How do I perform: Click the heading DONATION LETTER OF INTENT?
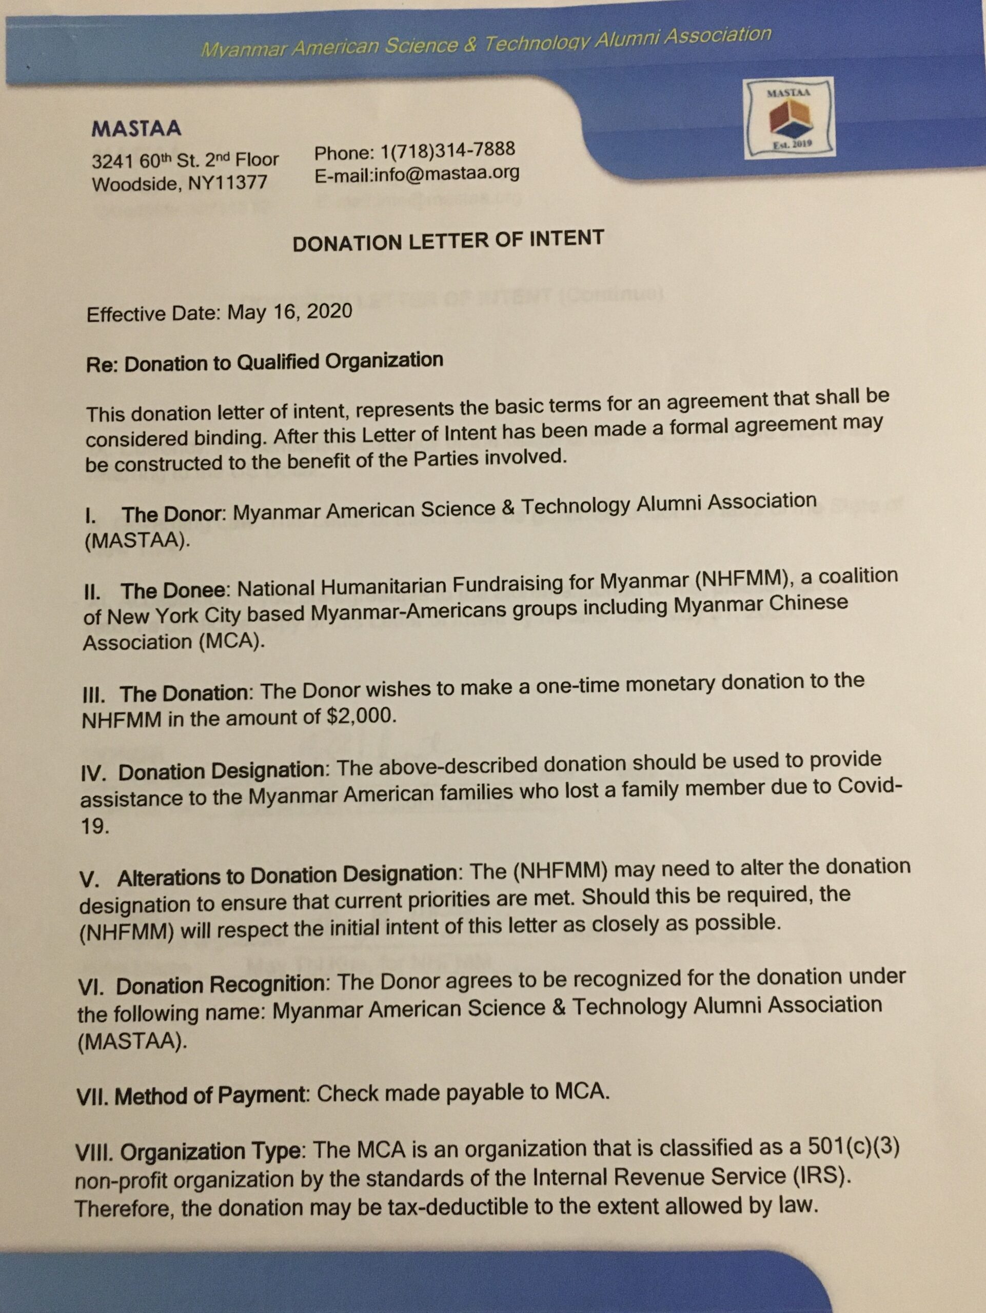[448, 241]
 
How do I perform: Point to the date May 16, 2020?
[290, 312]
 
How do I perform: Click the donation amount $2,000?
[361, 717]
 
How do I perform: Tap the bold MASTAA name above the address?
[136, 128]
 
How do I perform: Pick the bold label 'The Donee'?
[174, 591]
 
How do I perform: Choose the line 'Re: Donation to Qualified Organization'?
[265, 362]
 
